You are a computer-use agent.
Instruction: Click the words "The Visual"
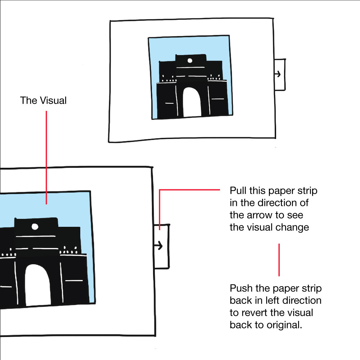(43, 100)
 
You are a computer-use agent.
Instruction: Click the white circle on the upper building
(190, 60)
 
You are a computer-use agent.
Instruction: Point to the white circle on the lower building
(35, 226)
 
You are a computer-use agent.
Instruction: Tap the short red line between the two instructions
(279, 260)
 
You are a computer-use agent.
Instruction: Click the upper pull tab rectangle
(280, 75)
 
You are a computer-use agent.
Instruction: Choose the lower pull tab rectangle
(162, 246)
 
